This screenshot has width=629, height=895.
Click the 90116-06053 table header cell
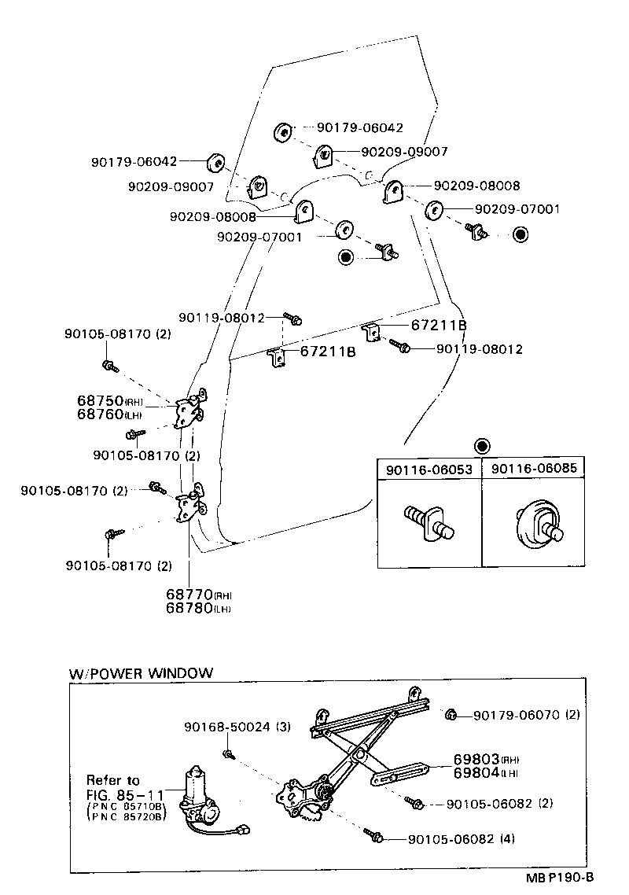(429, 470)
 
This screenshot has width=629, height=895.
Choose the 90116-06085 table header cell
(534, 469)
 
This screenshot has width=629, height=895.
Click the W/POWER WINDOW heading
(141, 673)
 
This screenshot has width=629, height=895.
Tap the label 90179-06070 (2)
(527, 715)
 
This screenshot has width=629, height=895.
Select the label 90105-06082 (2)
(499, 804)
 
